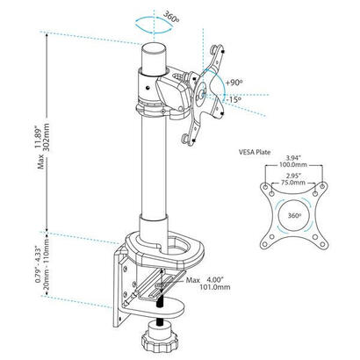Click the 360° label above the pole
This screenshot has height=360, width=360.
pos(171,18)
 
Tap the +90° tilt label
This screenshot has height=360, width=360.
pos(234,83)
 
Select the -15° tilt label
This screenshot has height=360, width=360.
pos(234,99)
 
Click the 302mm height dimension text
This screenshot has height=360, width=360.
pos(46,137)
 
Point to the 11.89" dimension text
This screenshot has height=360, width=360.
pos(38,138)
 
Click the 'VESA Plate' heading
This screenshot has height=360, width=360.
pos(255,152)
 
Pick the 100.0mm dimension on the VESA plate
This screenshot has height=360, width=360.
pos(293,165)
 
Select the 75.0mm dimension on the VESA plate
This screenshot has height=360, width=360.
pos(293,183)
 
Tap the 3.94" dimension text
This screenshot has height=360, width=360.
pos(293,159)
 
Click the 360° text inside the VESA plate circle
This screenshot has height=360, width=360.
pos(294,216)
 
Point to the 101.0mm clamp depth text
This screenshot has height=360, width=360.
pos(215,287)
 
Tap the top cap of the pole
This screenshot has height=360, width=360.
pos(154,47)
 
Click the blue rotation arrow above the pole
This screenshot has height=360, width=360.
pos(154,25)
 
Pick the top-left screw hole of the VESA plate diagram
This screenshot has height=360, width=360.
pos(265,186)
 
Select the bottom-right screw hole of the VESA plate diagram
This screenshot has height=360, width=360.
pos(322,244)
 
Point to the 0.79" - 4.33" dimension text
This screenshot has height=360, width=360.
pos(38,264)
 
